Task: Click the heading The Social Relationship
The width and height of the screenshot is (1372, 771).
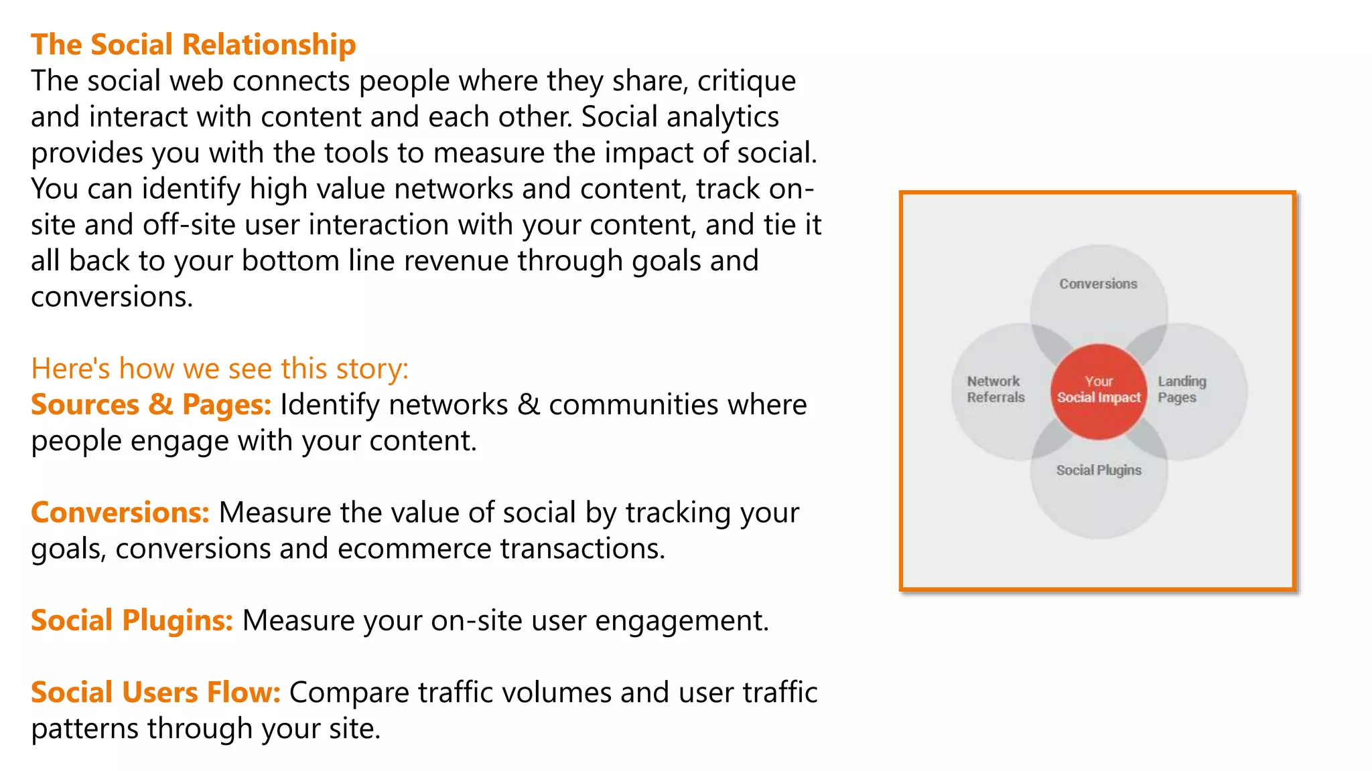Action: pos(193,45)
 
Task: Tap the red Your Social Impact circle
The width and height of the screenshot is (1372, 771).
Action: pos(1099,392)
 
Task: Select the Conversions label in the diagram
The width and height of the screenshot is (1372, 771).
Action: pos(1098,284)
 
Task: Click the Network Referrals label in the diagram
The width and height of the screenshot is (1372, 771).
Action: pos(996,389)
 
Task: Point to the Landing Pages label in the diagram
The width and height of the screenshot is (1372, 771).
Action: pos(1182,389)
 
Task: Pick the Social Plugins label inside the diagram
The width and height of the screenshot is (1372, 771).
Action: pos(1099,470)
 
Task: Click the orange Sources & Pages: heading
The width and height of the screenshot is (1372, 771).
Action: pos(151,405)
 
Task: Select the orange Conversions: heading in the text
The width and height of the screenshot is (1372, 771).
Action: pos(120,513)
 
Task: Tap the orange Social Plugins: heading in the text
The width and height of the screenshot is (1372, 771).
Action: pos(131,620)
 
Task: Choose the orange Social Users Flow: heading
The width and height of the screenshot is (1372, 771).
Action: pos(155,693)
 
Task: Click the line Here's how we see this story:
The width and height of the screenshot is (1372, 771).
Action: pos(220,369)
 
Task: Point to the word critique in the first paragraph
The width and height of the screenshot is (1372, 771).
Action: pos(746,82)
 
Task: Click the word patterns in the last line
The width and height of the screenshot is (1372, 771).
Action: pos(84,729)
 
